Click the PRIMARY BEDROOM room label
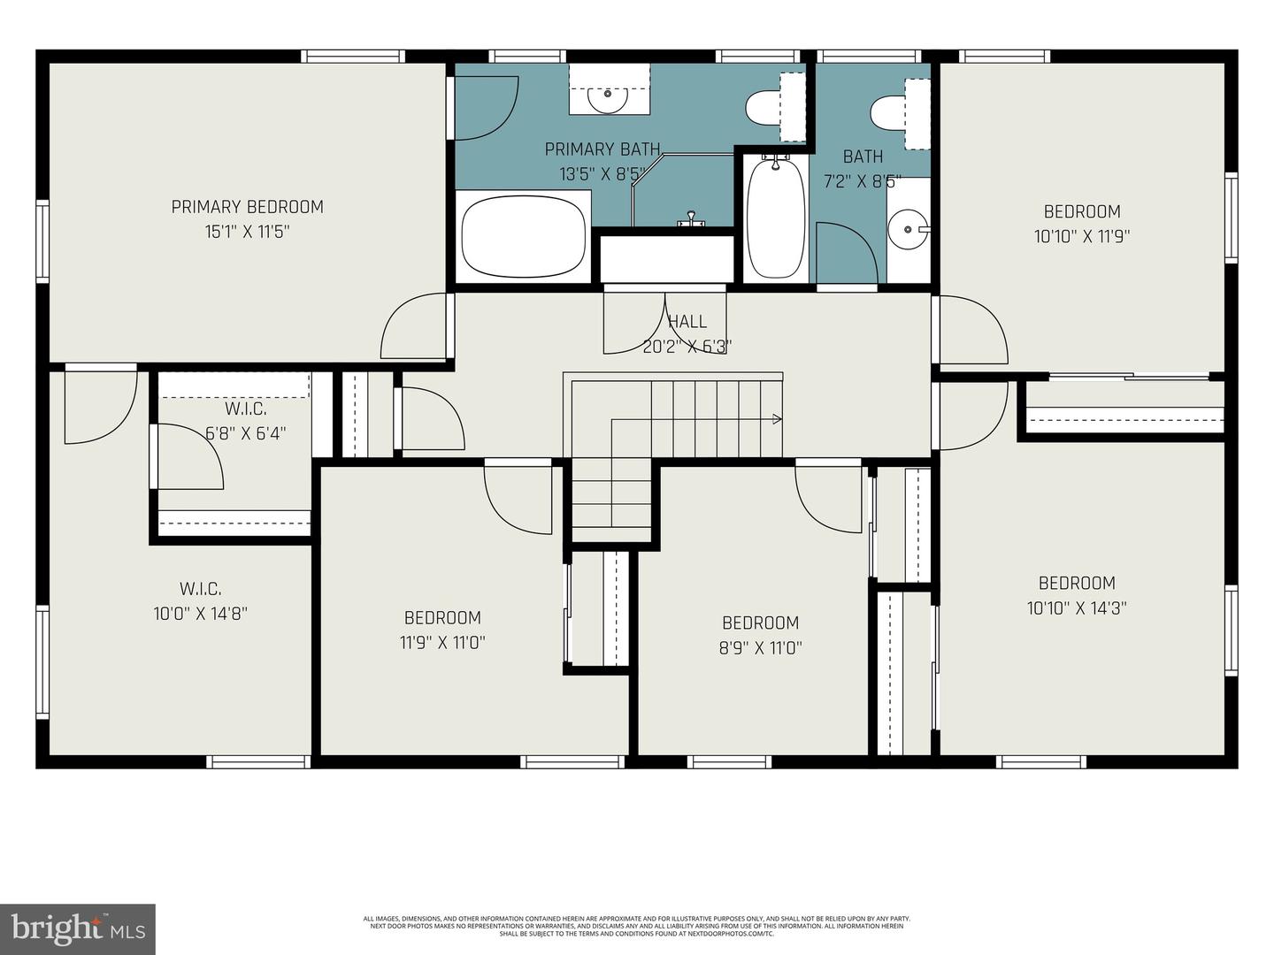pos(247,207)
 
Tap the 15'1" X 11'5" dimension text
pos(247,232)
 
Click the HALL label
pos(687,322)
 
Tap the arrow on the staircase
pos(777,419)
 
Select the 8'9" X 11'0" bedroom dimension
pos(760,647)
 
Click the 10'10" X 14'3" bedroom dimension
pos(1077,608)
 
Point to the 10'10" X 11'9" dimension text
pos(1082,236)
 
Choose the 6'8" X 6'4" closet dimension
pos(245,433)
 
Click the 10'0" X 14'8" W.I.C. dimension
pos(200,613)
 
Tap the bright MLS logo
pos(77,928)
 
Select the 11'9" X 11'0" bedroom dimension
pos(442,642)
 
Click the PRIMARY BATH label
pos(602,149)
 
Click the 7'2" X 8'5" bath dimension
pos(863,181)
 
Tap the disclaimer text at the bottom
pos(636,926)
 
